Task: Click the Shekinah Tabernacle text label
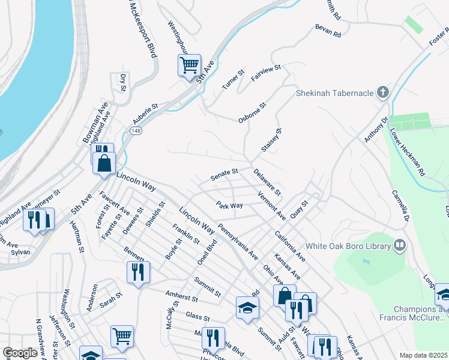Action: (x=334, y=93)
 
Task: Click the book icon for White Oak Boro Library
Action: (x=399, y=245)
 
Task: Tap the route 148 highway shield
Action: (x=137, y=131)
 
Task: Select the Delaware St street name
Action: (x=267, y=182)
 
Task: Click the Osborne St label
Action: (x=252, y=112)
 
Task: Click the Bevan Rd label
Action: (x=328, y=31)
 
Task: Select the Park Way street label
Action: (x=229, y=205)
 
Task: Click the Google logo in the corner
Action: (x=20, y=353)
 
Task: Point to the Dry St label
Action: (x=122, y=83)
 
